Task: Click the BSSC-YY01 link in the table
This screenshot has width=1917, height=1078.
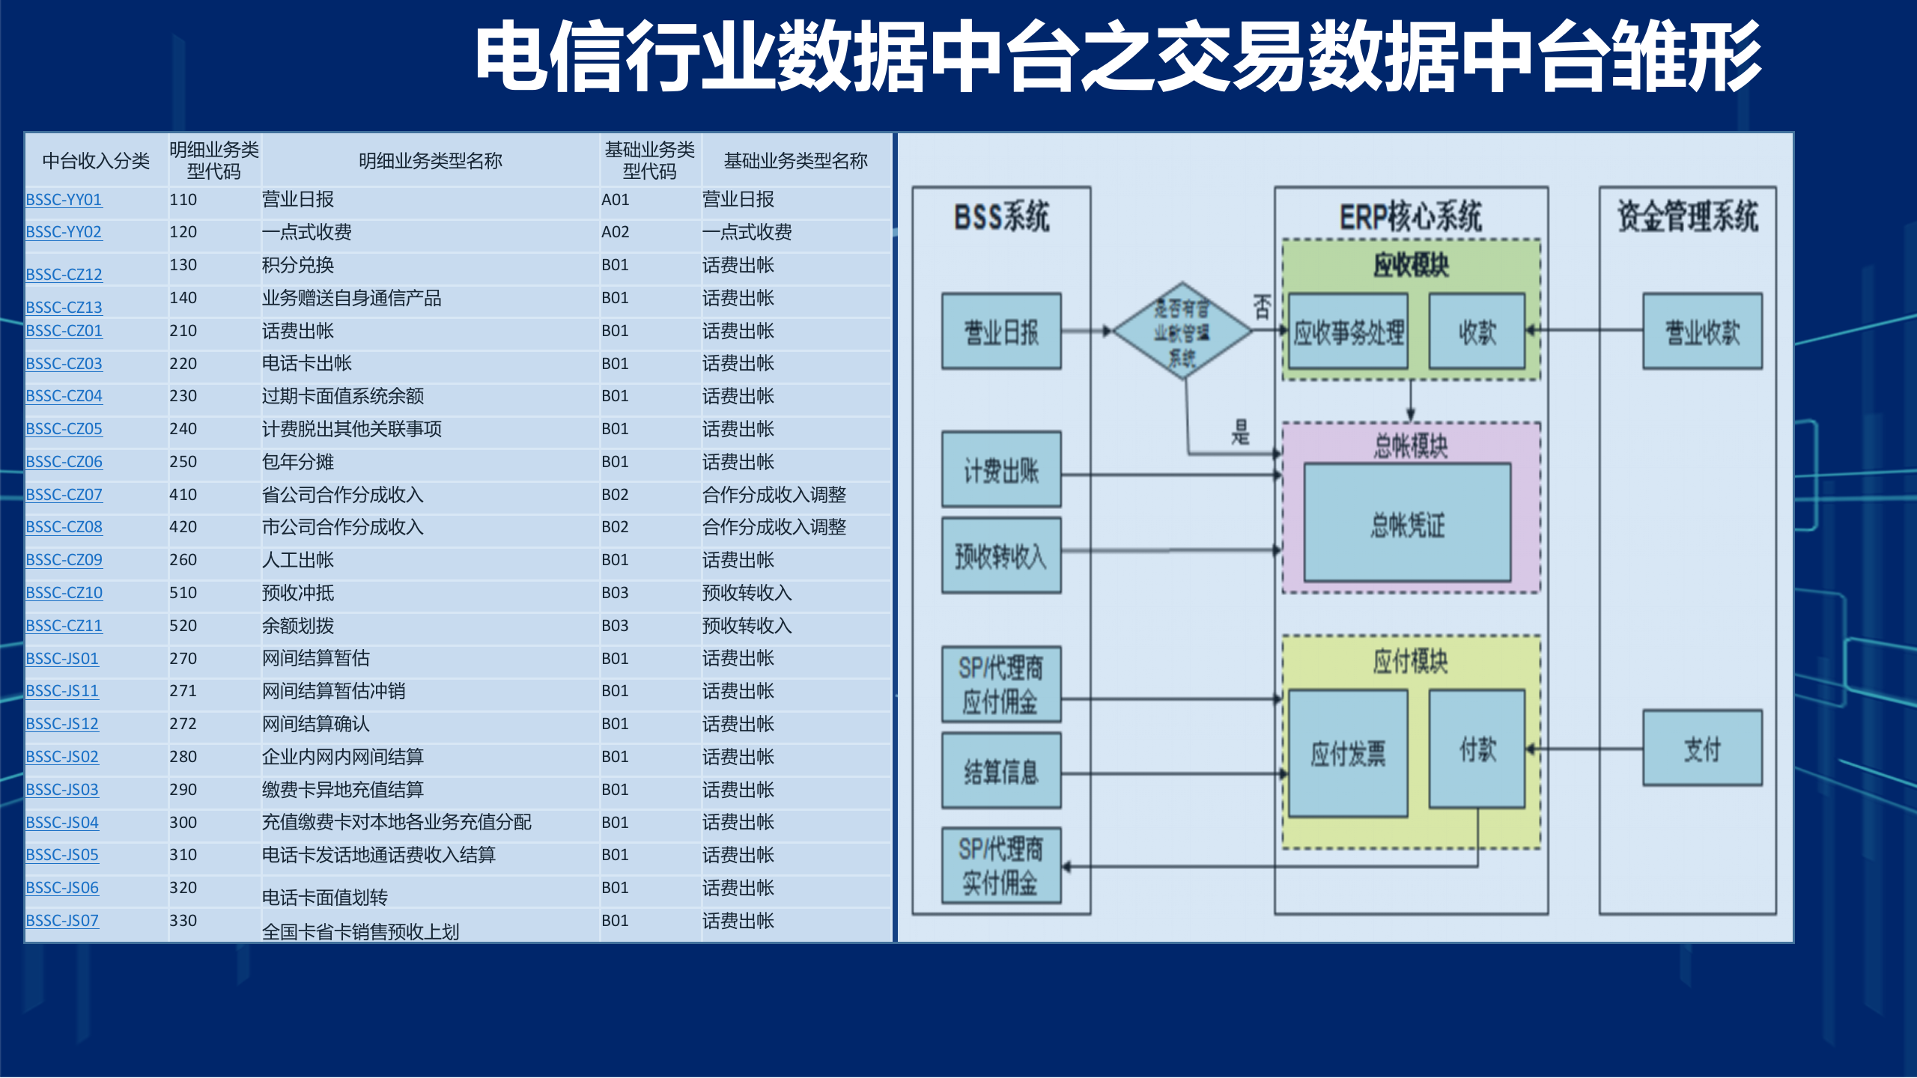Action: [x=64, y=200]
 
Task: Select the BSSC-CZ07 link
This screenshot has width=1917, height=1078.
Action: [x=64, y=495]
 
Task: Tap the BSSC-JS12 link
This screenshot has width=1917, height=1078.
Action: [x=62, y=724]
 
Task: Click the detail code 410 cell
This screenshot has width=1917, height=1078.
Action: [x=183, y=495]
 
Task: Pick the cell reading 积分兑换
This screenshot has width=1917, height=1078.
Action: [x=298, y=265]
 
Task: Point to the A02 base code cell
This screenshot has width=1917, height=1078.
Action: [x=616, y=232]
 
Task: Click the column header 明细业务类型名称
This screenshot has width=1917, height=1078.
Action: [x=431, y=161]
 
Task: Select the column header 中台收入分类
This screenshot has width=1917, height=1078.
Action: [x=96, y=161]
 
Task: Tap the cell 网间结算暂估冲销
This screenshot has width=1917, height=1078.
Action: [x=334, y=691]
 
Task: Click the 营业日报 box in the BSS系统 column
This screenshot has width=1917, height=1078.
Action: [x=1001, y=332]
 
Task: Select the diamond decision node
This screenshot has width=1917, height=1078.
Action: [x=1182, y=331]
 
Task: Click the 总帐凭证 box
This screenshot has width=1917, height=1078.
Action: [x=1407, y=523]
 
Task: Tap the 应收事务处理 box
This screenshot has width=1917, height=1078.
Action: [x=1348, y=332]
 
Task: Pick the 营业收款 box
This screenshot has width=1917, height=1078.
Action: [x=1702, y=332]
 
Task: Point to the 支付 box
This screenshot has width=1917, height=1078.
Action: [x=1702, y=748]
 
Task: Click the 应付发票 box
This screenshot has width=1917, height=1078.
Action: [x=1348, y=753]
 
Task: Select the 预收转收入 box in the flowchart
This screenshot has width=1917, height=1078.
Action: [x=1001, y=555]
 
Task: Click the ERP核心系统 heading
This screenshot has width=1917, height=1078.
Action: [x=1411, y=217]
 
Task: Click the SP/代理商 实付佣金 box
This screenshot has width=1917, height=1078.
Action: [x=1001, y=866]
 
